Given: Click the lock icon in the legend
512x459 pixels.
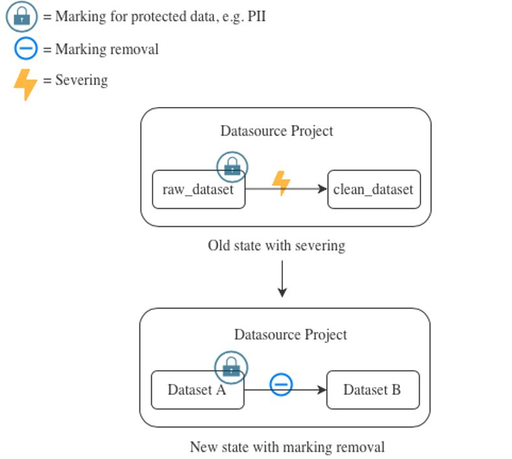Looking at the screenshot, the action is (21, 16).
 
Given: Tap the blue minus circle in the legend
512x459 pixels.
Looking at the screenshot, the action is (26, 49).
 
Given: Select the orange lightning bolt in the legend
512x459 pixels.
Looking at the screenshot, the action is (25, 84).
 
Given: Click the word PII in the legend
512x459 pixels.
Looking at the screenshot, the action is (257, 16).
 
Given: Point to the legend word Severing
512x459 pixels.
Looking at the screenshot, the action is (82, 80).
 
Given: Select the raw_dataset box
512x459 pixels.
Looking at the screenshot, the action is (199, 189).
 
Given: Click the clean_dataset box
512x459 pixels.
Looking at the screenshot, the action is (374, 189).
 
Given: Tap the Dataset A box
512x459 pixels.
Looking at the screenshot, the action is (197, 390).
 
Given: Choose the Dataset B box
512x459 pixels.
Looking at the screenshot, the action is (373, 390).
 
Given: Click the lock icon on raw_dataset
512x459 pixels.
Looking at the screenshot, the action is (232, 167).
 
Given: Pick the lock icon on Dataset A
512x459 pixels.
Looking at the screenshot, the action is (231, 368).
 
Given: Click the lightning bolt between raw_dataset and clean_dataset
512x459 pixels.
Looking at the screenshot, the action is (281, 183).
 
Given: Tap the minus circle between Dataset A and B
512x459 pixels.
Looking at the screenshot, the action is (281, 384).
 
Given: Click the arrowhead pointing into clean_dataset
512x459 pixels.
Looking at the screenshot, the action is (323, 189).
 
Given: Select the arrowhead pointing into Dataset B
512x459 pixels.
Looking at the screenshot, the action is (322, 390).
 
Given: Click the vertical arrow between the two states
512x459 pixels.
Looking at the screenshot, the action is (282, 279).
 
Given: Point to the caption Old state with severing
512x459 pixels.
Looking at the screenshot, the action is (276, 246).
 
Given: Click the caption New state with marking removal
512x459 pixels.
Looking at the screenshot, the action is (287, 447).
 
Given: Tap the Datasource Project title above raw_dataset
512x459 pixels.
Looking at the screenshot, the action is (276, 131).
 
